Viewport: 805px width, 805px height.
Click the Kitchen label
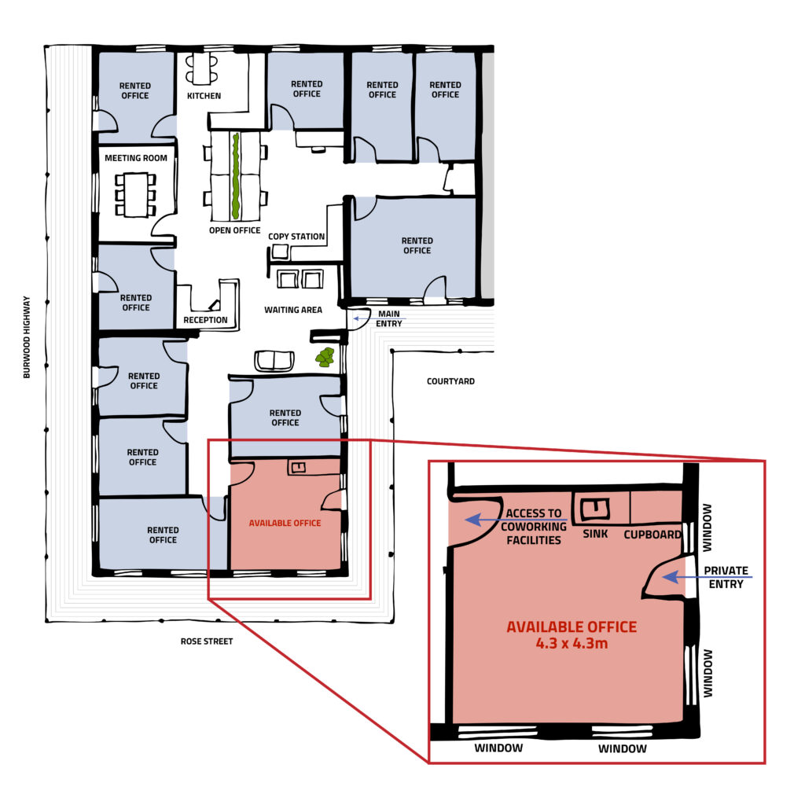[x=204, y=96]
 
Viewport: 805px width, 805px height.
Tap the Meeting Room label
[x=136, y=158]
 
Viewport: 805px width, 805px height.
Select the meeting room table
[x=136, y=193]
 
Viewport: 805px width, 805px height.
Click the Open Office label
[x=234, y=230]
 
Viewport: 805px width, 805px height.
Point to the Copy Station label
[x=296, y=237]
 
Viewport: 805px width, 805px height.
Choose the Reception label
[x=205, y=320]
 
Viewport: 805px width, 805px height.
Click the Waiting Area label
[x=293, y=310]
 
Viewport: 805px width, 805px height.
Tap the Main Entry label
[x=388, y=318]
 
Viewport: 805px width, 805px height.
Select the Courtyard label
[x=450, y=381]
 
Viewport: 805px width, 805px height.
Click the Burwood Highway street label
[x=27, y=337]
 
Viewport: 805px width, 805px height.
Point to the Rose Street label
[x=207, y=641]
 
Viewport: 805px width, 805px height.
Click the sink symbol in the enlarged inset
[x=594, y=509]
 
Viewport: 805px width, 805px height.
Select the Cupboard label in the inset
[x=652, y=535]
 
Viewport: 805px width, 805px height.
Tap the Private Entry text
[x=726, y=577]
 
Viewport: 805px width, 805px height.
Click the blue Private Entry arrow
[x=707, y=578]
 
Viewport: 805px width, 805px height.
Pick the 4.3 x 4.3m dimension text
[x=572, y=643]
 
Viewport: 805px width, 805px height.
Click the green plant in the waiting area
[x=325, y=358]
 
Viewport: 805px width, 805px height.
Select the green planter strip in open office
[x=235, y=176]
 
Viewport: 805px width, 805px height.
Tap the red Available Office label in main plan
[x=285, y=523]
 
